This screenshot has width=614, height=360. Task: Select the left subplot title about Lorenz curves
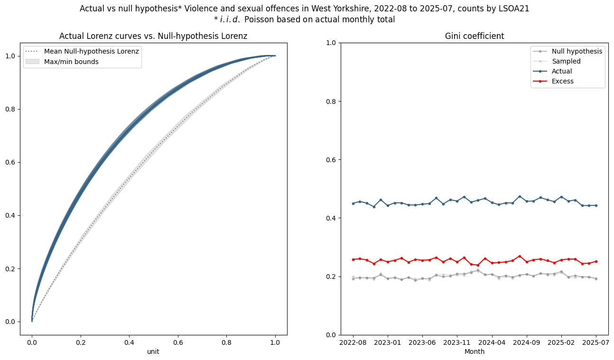pyautogui.click(x=153, y=36)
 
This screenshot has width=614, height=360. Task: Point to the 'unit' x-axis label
pyautogui.click(x=153, y=351)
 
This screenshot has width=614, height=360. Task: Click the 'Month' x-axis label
pyautogui.click(x=474, y=351)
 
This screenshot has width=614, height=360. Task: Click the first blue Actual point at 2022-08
pyautogui.click(x=353, y=203)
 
